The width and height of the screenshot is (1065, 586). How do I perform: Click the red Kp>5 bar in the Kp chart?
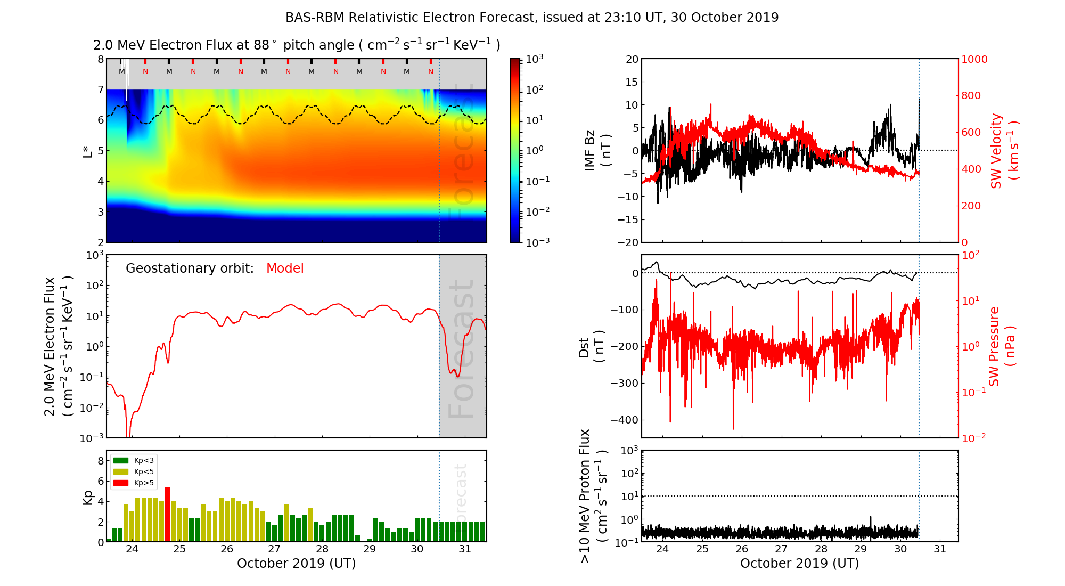(167, 514)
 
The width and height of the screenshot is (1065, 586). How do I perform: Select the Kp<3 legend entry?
(133, 460)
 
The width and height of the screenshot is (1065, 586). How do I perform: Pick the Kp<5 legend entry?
(133, 471)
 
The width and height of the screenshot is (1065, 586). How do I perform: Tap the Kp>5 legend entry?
(133, 483)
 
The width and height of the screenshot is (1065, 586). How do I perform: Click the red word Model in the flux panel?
(285, 268)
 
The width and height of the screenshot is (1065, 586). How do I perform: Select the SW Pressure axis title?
(1001, 346)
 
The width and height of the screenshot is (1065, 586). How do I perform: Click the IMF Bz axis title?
(597, 151)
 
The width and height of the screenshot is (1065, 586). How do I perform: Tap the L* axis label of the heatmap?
(87, 151)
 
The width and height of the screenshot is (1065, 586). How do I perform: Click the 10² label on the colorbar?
(534, 89)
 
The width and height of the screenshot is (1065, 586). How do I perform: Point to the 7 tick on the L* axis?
(100, 89)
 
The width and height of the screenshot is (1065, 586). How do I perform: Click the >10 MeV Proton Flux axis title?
(593, 496)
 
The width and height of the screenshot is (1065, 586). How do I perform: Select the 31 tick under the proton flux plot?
(940, 549)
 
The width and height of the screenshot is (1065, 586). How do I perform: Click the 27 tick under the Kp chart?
(274, 549)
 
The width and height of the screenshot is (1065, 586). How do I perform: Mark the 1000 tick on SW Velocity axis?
(974, 60)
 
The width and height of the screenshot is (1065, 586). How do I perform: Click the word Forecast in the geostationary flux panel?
(461, 349)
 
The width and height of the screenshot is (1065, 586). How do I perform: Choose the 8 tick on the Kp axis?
(100, 461)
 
